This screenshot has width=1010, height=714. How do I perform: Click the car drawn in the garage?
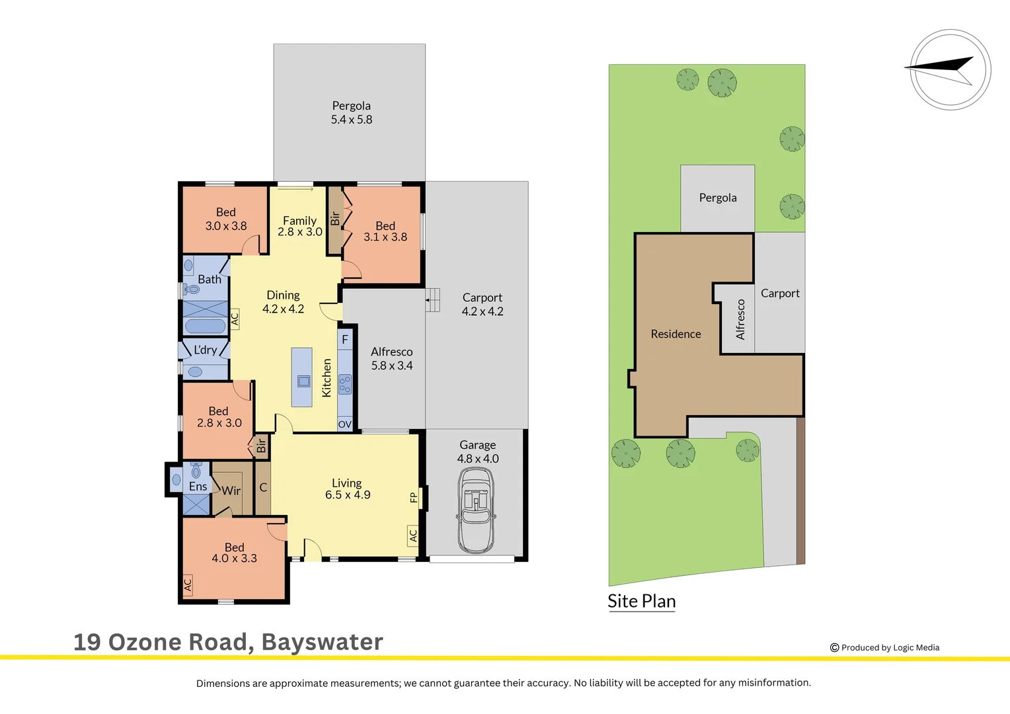[x=476, y=510]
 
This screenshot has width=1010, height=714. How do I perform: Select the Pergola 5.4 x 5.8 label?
[x=351, y=112]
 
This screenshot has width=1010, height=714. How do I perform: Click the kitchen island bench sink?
[x=303, y=381]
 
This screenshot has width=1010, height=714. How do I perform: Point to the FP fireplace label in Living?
[x=414, y=497]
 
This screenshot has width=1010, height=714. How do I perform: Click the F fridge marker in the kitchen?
[x=345, y=339]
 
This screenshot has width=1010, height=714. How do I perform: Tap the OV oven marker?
[x=345, y=424]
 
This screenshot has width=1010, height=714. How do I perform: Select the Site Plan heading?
[x=641, y=601]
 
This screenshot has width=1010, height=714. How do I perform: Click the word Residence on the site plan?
[x=676, y=334]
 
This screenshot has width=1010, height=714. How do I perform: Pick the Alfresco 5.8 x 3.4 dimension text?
[x=391, y=359]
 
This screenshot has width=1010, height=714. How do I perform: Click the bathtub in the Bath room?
[x=205, y=326]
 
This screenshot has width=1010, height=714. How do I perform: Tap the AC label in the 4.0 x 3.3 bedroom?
[x=188, y=585]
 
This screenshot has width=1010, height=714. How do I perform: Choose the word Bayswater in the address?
[x=322, y=642]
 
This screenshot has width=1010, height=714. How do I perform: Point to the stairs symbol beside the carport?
[x=432, y=299]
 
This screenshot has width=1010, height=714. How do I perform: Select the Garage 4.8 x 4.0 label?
[x=477, y=452]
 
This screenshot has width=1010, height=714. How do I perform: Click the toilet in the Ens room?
[x=196, y=470]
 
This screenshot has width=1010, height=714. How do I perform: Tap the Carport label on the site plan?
[x=780, y=293]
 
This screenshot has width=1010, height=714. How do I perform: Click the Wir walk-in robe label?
[x=231, y=491]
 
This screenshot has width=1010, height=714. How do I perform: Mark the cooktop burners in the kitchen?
[x=345, y=384]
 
